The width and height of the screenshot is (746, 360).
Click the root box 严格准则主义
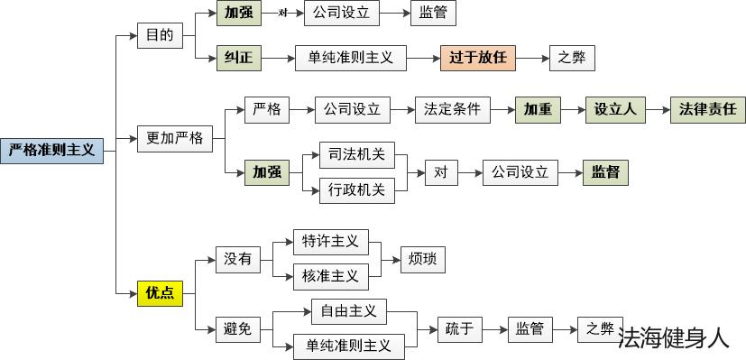click(52, 150)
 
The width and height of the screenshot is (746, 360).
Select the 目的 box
click(160, 37)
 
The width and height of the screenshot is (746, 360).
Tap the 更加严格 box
click(175, 139)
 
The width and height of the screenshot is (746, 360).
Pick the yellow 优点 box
click(161, 293)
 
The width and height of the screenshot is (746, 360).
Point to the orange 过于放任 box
click(478, 59)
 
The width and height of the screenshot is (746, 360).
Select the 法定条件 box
click(453, 110)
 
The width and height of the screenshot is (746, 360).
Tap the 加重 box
click(538, 110)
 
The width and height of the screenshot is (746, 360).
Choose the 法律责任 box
click(708, 110)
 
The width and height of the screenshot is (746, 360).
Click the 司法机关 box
click(357, 154)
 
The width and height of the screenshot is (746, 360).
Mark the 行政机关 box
click(357, 189)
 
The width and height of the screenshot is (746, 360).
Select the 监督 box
click(604, 171)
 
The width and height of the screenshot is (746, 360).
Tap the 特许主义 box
click(330, 242)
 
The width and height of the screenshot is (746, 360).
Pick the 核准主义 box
click(330, 276)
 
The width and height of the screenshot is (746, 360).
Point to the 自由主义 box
click(348, 311)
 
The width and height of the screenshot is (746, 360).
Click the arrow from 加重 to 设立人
click(572, 110)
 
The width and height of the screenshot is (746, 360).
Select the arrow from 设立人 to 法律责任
click(658, 110)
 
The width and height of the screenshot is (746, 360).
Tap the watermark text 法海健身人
click(673, 338)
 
